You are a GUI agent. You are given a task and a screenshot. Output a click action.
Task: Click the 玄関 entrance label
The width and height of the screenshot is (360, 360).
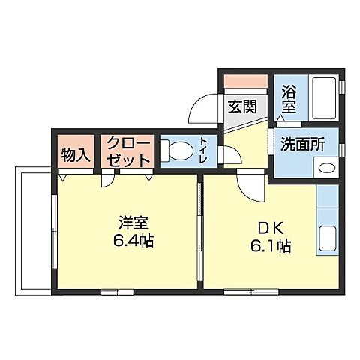click(242, 106)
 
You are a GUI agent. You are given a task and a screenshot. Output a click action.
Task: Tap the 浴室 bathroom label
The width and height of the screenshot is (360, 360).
click(289, 100)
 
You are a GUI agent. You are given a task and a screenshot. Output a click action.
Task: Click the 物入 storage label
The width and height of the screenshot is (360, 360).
click(76, 155)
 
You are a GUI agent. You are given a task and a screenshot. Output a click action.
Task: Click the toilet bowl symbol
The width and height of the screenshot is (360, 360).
click(177, 153)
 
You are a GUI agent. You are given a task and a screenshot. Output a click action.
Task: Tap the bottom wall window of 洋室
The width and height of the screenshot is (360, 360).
click(117, 290)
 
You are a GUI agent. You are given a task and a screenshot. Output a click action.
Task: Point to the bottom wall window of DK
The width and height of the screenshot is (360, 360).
click(240, 290)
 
